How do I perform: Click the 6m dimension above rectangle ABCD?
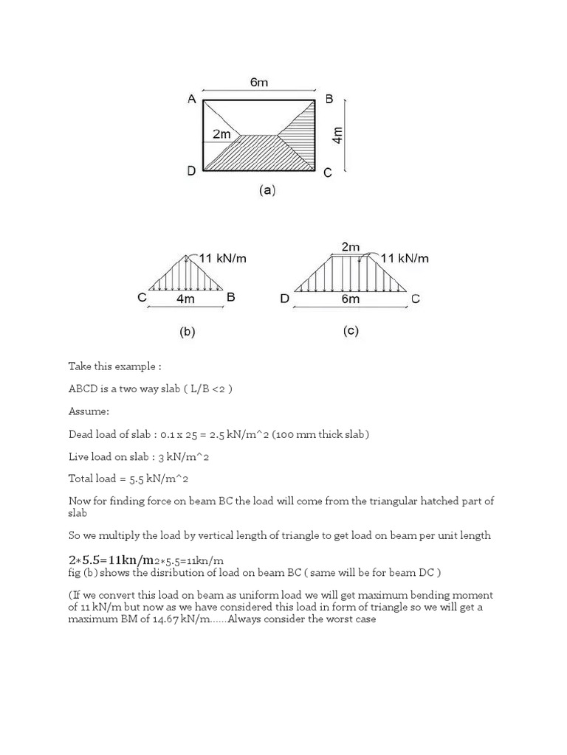258,83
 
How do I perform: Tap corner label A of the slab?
191,100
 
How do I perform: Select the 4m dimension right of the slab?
338,136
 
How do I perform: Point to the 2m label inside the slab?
221,134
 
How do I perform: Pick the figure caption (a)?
267,190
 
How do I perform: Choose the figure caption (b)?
187,332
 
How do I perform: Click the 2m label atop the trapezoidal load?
351,246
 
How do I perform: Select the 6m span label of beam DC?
351,299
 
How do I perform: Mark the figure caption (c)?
351,331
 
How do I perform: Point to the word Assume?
89,411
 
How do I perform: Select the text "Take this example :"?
114,366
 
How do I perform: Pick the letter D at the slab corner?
191,171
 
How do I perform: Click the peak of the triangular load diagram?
187,255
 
